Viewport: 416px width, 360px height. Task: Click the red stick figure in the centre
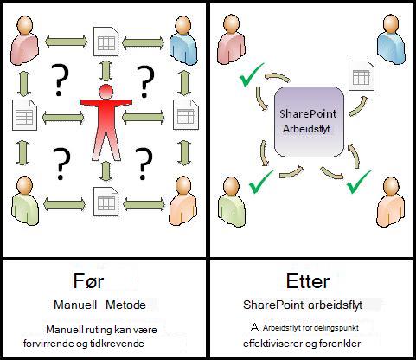click(x=106, y=123)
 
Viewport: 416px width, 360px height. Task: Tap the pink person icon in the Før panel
click(x=24, y=41)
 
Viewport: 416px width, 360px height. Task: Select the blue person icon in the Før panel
click(x=183, y=41)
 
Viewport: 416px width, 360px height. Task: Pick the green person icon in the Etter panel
click(x=231, y=201)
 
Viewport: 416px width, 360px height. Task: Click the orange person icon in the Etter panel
click(x=391, y=201)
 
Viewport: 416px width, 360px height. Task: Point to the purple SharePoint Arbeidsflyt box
click(x=309, y=122)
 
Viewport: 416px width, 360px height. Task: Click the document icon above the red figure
click(x=106, y=42)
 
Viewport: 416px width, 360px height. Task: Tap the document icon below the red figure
click(x=106, y=202)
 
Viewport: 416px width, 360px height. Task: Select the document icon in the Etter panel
click(x=362, y=75)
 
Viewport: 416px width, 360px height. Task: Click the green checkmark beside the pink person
click(x=252, y=74)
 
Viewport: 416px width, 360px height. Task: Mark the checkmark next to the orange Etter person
click(x=359, y=182)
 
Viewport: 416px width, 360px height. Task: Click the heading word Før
click(x=88, y=281)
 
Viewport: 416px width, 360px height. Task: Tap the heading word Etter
click(x=308, y=281)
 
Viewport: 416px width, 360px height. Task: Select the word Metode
click(x=125, y=305)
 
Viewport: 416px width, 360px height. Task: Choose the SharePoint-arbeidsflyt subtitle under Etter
click(x=303, y=305)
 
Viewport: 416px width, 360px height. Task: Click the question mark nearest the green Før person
click(x=61, y=164)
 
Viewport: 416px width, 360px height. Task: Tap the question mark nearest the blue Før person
click(x=145, y=81)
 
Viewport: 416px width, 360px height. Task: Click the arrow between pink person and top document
click(x=66, y=42)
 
